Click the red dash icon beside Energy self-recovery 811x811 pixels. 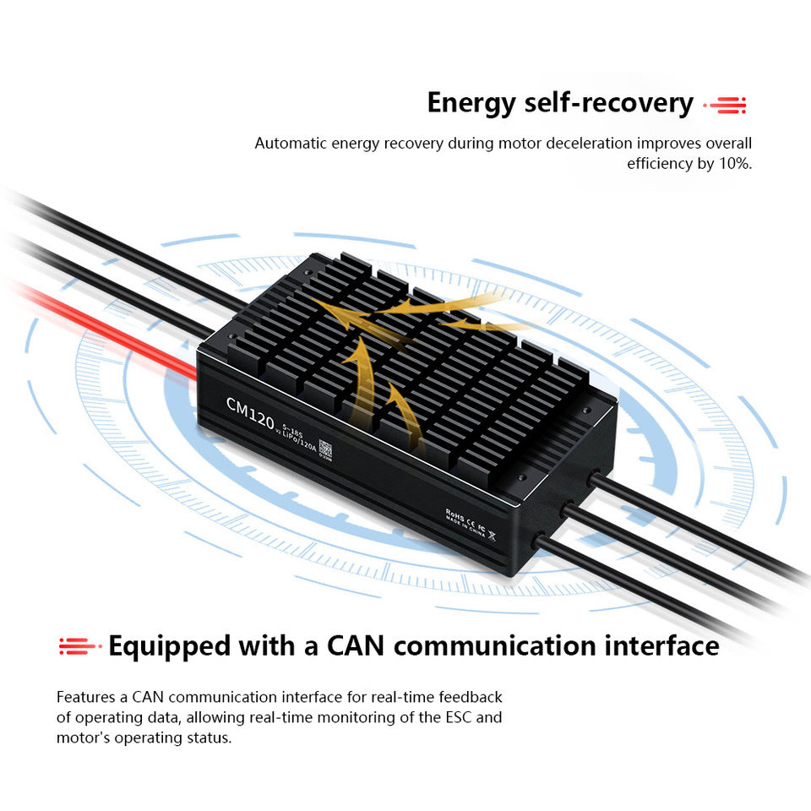tap(727, 106)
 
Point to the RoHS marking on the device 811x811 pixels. tap(457, 514)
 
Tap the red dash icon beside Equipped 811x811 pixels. tap(79, 648)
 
